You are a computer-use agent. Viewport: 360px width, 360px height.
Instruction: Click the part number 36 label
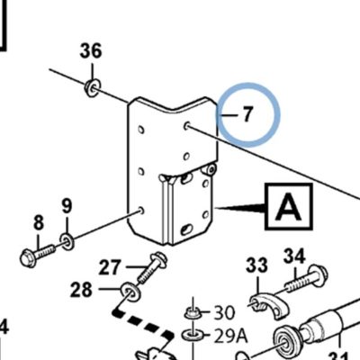(91, 51)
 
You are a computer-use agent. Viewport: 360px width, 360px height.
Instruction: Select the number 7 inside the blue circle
(247, 114)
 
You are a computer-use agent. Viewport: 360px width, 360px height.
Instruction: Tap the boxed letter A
(289, 207)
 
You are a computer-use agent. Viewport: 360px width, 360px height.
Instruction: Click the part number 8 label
(39, 223)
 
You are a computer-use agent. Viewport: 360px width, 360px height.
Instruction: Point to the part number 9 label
(67, 206)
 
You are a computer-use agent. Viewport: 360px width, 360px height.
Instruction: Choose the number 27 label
(110, 267)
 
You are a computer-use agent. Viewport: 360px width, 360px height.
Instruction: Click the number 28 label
(81, 290)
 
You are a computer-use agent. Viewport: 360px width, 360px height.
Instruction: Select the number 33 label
(257, 265)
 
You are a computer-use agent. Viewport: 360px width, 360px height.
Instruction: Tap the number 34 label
(294, 256)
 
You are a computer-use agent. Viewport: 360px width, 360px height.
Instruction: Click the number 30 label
(224, 313)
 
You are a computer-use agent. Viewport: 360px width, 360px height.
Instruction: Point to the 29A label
(230, 336)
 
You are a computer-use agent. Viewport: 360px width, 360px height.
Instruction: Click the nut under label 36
(92, 87)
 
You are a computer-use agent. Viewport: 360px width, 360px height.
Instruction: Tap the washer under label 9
(67, 241)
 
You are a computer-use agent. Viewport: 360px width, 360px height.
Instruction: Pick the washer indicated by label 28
(130, 292)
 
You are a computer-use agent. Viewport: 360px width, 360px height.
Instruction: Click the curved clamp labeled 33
(268, 303)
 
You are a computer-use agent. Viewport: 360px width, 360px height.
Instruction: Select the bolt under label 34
(307, 279)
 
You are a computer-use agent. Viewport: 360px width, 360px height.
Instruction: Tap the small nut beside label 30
(193, 313)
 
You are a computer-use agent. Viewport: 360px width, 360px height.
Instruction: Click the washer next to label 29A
(193, 335)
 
